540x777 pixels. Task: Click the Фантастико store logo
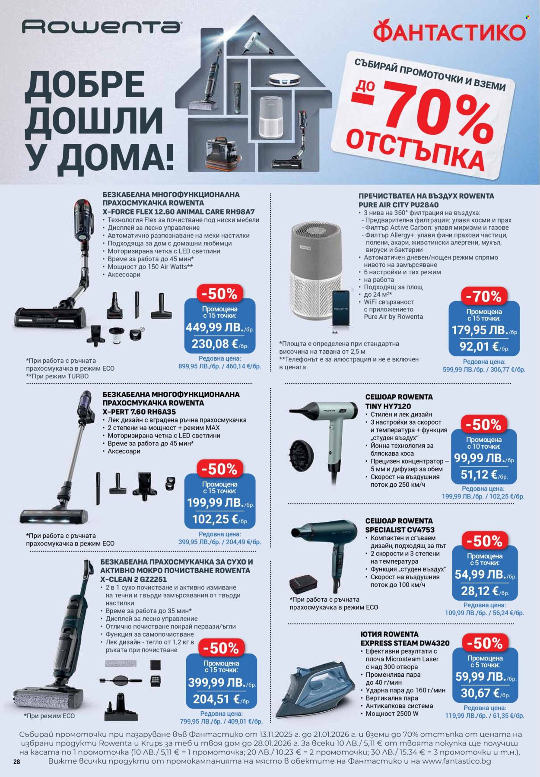[449, 32]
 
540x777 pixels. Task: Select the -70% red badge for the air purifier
[483, 296]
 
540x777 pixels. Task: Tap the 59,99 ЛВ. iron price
[480, 676]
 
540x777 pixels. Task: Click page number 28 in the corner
[17, 762]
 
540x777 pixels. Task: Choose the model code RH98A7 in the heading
[240, 212]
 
